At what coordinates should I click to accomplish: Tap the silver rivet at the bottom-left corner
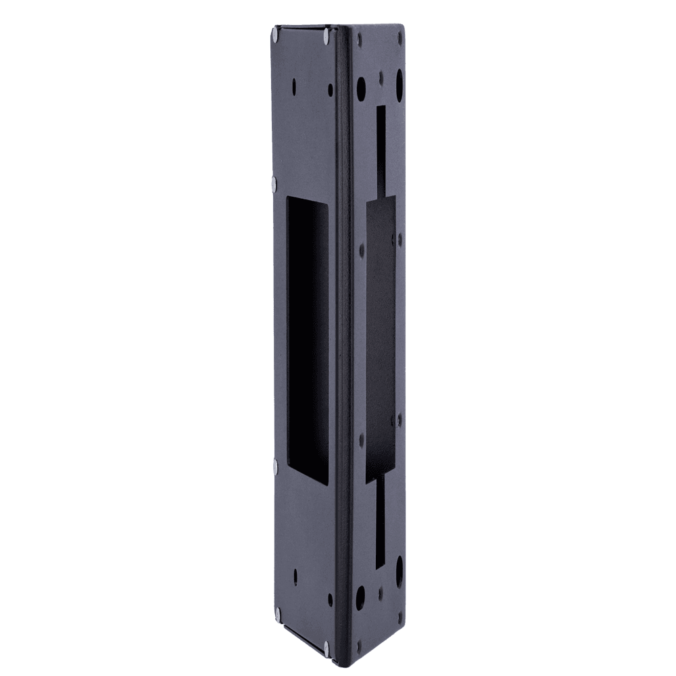tap(279, 613)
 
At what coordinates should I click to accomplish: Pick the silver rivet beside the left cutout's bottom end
tap(274, 465)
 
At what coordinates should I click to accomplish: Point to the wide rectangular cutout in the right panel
tap(381, 341)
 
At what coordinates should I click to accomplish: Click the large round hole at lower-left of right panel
tap(361, 595)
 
